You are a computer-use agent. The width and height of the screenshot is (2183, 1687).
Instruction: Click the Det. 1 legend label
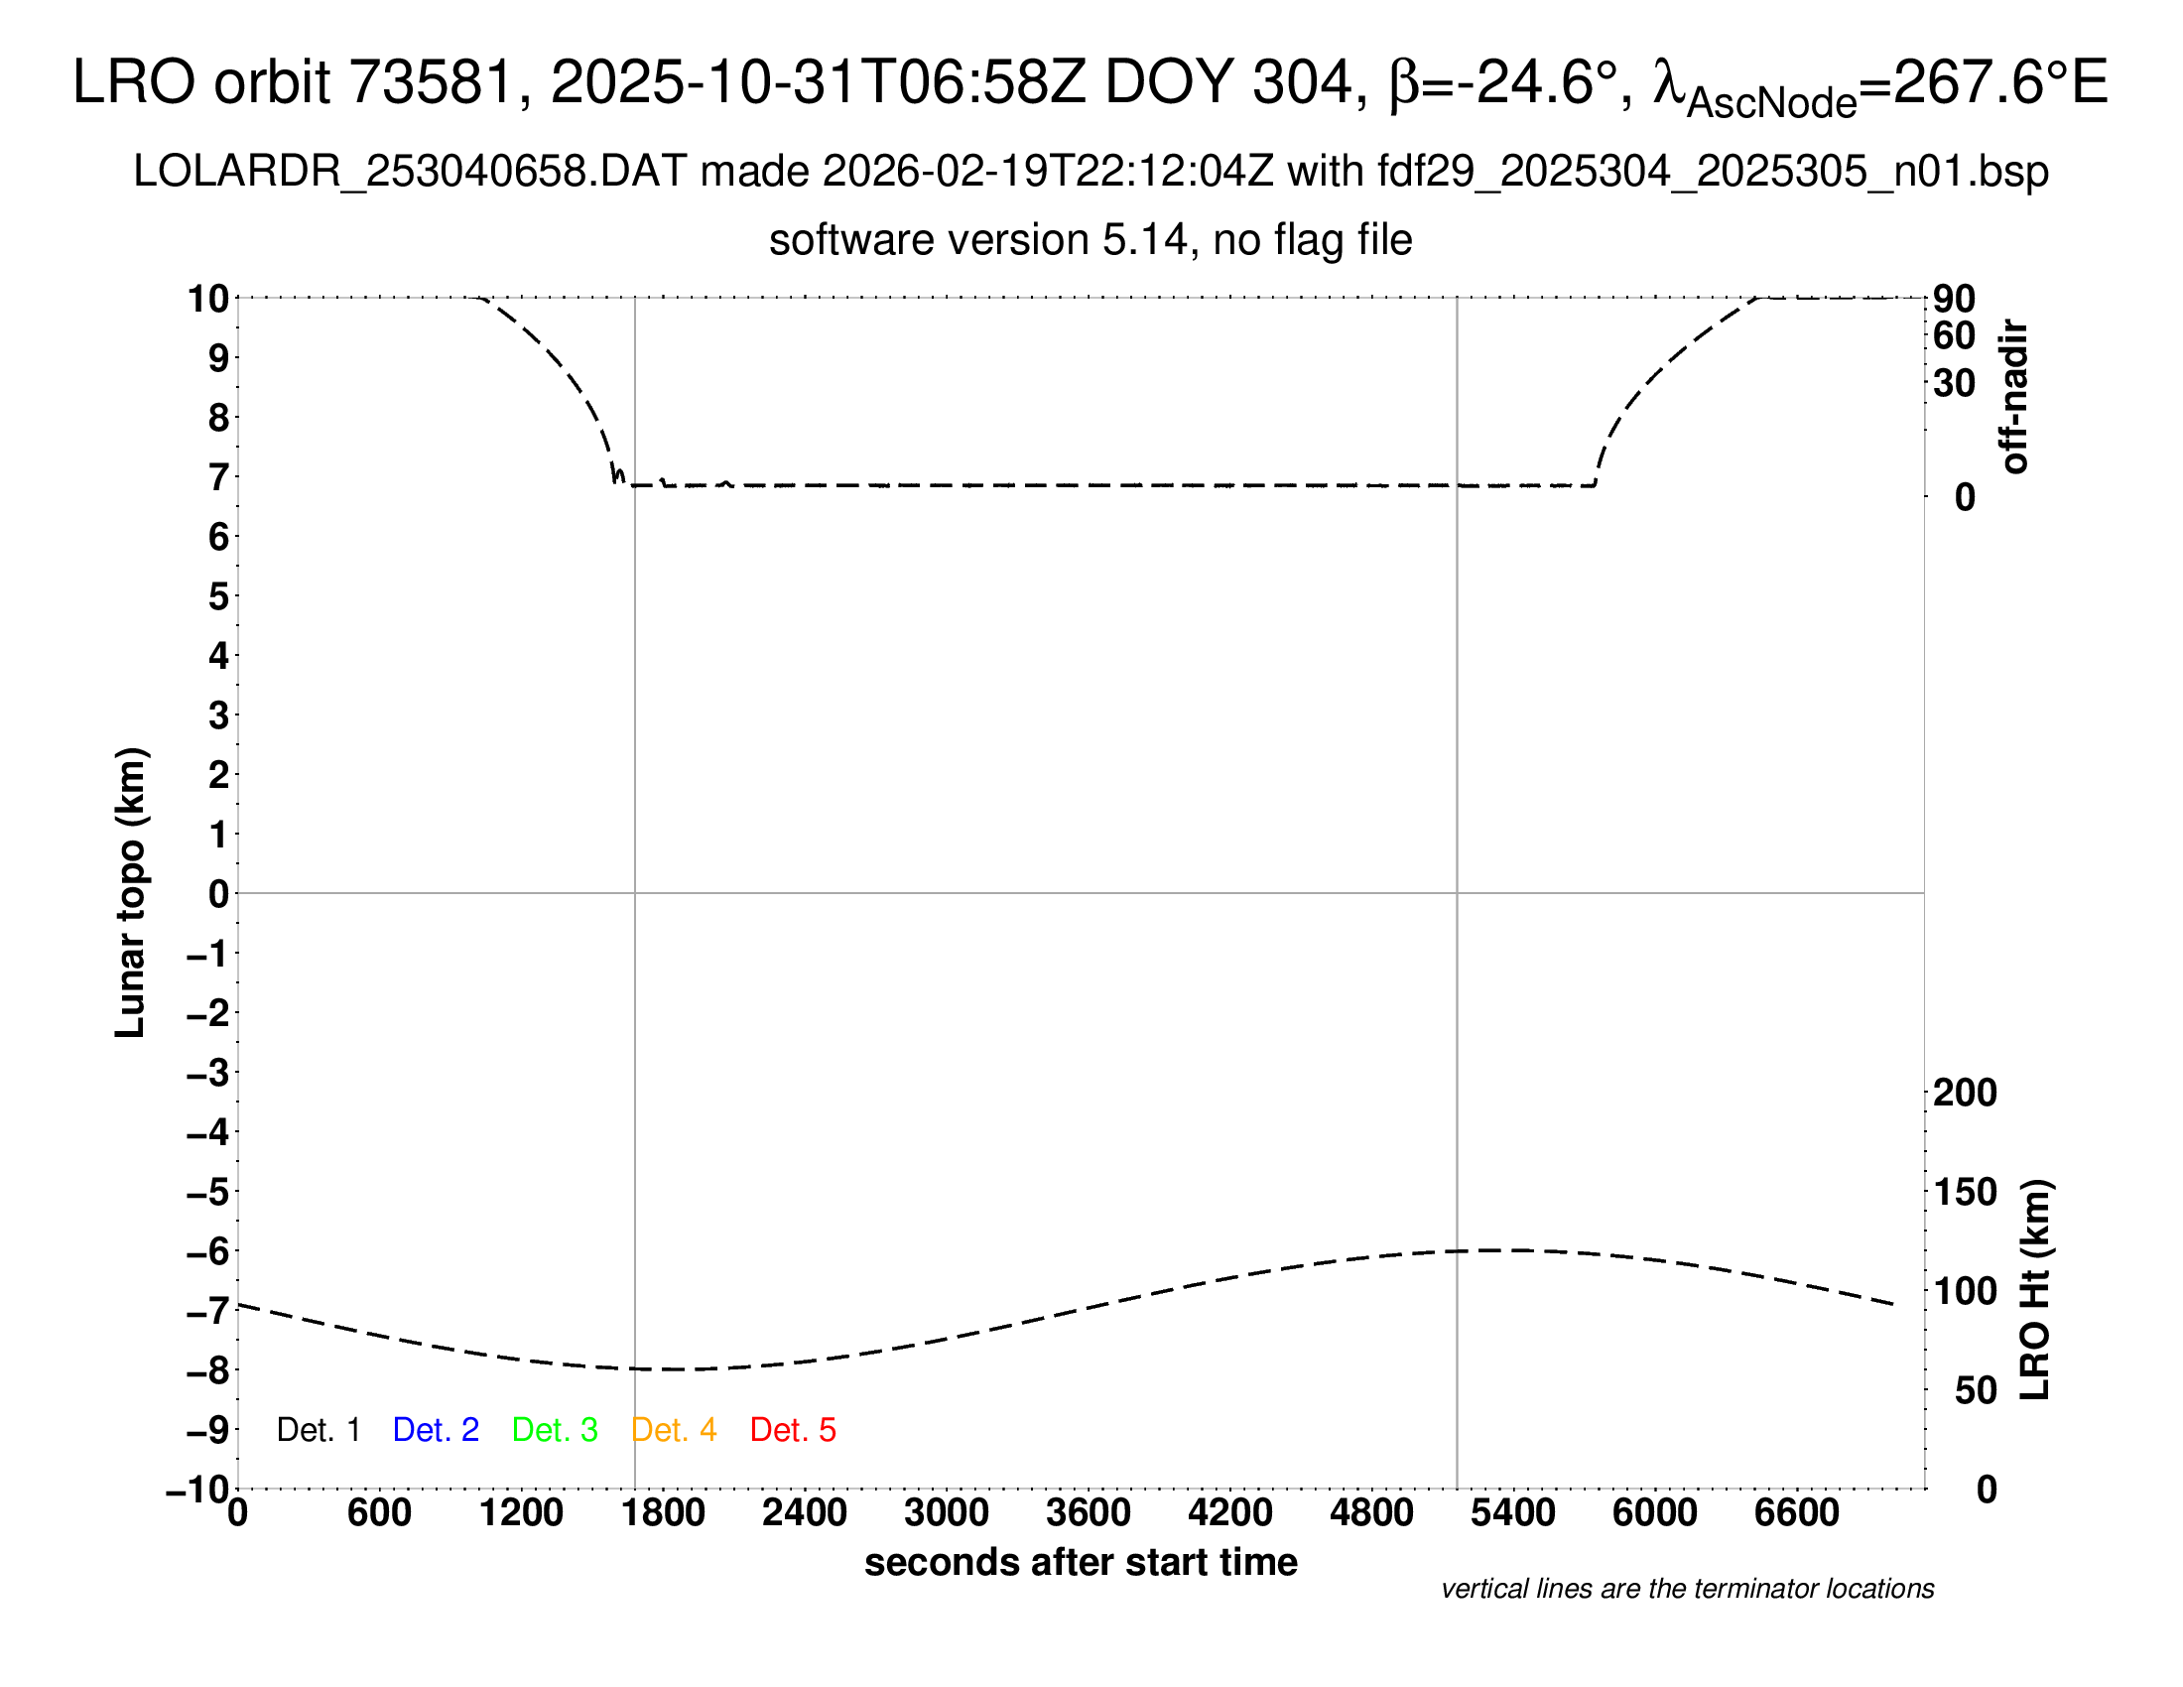click(x=318, y=1430)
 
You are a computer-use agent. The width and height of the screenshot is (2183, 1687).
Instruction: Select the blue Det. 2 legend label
click(x=436, y=1430)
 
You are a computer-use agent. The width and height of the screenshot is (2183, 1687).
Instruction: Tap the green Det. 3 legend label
click(x=555, y=1430)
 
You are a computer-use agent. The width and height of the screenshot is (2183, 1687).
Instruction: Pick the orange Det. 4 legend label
click(x=674, y=1430)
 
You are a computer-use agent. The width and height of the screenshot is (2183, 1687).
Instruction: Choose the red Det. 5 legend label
click(x=793, y=1430)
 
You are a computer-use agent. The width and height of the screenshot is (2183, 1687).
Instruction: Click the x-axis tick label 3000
click(x=947, y=1513)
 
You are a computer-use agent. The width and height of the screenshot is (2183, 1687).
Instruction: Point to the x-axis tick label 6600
click(x=1797, y=1513)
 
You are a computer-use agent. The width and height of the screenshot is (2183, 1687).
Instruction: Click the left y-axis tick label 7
click(x=219, y=477)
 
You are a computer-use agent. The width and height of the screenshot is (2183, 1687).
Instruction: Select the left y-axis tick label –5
click(x=208, y=1192)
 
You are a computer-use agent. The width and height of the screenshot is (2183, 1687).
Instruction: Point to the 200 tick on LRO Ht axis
click(x=1965, y=1094)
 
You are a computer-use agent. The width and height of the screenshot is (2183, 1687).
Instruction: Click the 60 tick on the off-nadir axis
click(x=1954, y=335)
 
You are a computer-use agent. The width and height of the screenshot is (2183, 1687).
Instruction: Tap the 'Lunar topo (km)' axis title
click(x=131, y=892)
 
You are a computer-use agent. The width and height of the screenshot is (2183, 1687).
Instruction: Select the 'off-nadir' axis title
click(x=2014, y=397)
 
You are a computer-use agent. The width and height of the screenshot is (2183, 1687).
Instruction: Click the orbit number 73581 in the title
click(x=430, y=82)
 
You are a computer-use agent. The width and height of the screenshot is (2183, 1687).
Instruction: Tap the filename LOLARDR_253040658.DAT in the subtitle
click(x=410, y=172)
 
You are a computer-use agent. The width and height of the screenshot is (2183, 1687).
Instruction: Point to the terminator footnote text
click(x=1687, y=1589)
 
